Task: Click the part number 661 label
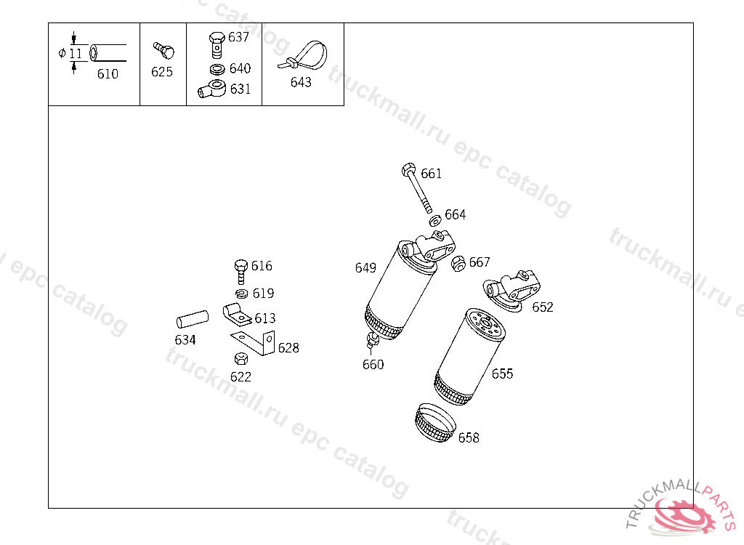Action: tap(432, 174)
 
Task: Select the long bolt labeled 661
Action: tap(417, 188)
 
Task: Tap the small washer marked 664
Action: tap(435, 220)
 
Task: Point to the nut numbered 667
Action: tap(458, 264)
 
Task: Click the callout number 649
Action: tap(365, 267)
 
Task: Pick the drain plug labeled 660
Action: tap(373, 340)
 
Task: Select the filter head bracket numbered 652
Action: tap(511, 291)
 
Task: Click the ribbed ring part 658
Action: tap(435, 422)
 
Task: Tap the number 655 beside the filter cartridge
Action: tap(503, 374)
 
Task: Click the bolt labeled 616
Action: tap(241, 272)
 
